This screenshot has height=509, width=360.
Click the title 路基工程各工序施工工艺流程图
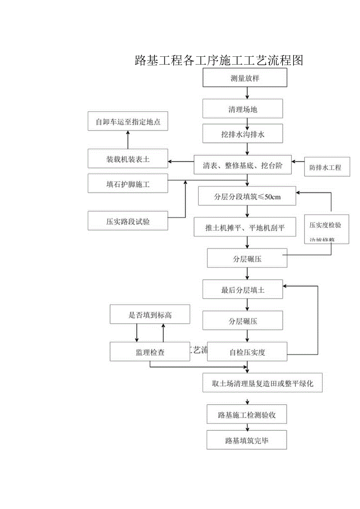pos(219,60)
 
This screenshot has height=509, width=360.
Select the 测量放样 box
pos(245,78)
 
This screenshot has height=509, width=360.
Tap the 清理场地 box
pos(243,109)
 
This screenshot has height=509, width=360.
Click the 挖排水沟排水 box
pos(243,134)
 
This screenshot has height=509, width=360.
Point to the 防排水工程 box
pos(327,167)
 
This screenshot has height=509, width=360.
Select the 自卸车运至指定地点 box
pos(128,122)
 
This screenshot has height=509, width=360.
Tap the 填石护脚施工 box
pos(128,184)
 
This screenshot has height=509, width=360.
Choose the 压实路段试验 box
pos(128,221)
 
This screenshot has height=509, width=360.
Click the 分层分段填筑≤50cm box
pos(247,196)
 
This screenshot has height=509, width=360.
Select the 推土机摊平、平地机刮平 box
pos(245,227)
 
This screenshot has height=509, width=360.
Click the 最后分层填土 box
pos(243,290)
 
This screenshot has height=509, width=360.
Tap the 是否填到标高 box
pos(150,315)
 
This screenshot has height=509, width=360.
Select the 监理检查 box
pos(150,352)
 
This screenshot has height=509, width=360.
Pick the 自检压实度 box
pos(247,352)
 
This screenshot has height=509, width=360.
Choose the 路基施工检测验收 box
pos(247,414)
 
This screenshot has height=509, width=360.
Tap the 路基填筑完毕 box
pos(247,440)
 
